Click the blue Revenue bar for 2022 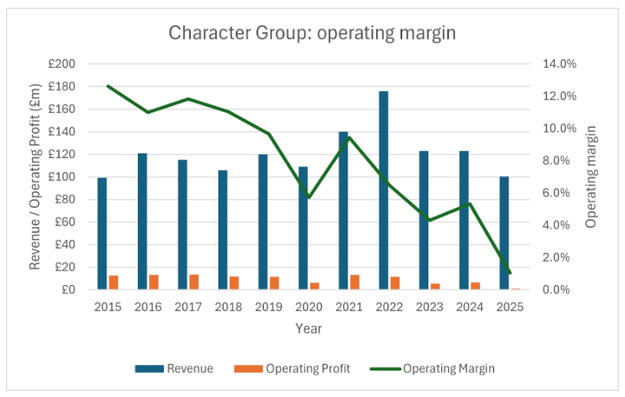click(x=383, y=191)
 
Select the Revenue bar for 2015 click(x=102, y=233)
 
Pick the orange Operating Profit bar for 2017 click(x=193, y=282)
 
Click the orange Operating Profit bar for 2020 click(x=315, y=285)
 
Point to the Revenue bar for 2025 click(x=505, y=233)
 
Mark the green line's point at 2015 click(x=108, y=86)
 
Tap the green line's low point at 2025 click(x=511, y=273)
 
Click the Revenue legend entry click(x=174, y=368)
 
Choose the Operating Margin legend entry click(x=438, y=368)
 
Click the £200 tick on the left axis click(x=63, y=64)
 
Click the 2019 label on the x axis click(x=269, y=307)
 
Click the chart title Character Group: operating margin click(x=312, y=34)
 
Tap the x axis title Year click(x=309, y=329)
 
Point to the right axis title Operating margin click(x=591, y=176)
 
